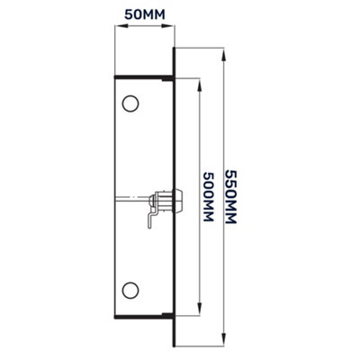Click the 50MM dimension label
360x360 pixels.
click(143, 16)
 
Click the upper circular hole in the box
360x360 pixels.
click(130, 103)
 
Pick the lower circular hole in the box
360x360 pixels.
click(130, 290)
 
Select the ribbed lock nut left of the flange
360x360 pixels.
click(163, 195)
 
